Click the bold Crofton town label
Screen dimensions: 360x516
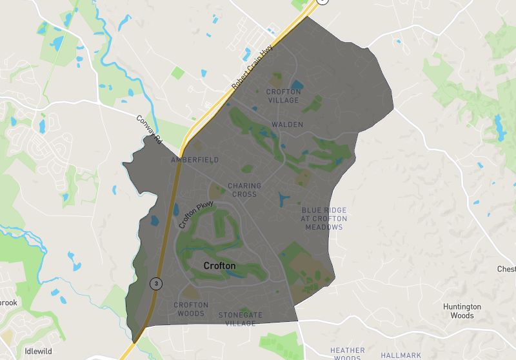219,265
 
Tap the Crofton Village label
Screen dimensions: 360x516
283,96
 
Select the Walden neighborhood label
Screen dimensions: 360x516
287,125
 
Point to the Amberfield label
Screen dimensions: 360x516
195,159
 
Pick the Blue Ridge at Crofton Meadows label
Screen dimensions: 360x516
324,219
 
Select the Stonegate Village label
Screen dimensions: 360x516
240,319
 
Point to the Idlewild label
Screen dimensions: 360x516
37,352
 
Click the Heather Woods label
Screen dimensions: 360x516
347,354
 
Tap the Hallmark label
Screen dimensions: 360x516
401,355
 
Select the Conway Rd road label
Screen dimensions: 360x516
148,128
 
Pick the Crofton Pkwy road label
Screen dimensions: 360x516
196,215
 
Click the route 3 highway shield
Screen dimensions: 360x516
155,283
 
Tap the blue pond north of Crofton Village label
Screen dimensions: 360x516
297,84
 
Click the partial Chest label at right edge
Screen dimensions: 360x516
506,268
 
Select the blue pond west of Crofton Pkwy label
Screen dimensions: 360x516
155,220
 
